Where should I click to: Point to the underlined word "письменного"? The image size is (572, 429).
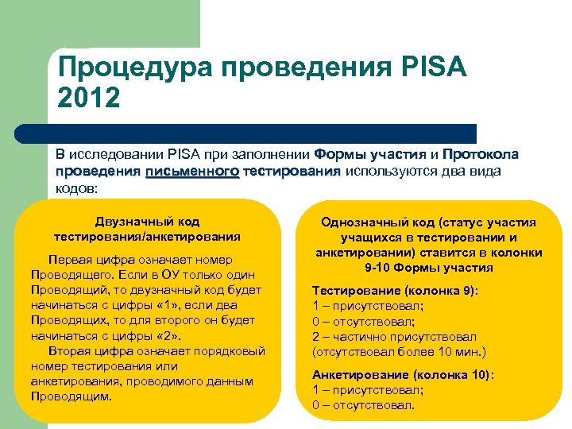[x=191, y=171]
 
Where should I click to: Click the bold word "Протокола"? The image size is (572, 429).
[x=481, y=154]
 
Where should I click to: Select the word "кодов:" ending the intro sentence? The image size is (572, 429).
[x=76, y=188]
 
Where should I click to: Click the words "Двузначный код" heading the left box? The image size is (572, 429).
[x=147, y=221]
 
